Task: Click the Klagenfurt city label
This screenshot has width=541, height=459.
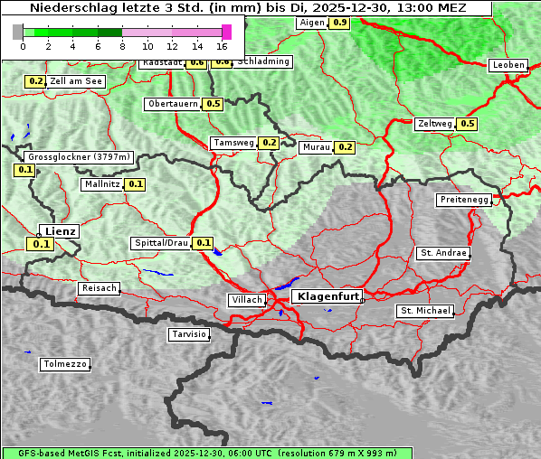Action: coord(328,295)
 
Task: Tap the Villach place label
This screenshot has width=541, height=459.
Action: coord(246,300)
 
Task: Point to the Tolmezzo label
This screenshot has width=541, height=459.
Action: coord(65,365)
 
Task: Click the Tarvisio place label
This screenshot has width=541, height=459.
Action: coord(189,335)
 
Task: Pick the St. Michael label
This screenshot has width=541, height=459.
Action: coord(425,311)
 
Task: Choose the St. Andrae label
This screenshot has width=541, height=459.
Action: coord(443,253)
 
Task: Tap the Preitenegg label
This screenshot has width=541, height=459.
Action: coord(465,200)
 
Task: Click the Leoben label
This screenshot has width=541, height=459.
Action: coord(508,65)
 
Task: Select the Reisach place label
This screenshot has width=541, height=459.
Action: coord(100,288)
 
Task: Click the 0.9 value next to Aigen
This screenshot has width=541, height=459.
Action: coord(339,23)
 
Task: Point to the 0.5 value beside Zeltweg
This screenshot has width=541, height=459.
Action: coord(467,124)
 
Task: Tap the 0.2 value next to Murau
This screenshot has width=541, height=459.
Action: coord(345,147)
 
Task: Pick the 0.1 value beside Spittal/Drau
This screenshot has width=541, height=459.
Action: coord(204,243)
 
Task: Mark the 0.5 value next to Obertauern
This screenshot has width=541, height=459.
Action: coord(213,104)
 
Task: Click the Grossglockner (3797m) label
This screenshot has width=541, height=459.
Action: coord(80,157)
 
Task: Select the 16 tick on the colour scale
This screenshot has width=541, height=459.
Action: coord(222,45)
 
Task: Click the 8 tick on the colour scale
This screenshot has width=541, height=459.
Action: coord(122,45)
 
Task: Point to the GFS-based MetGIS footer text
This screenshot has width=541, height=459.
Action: coord(63,453)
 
